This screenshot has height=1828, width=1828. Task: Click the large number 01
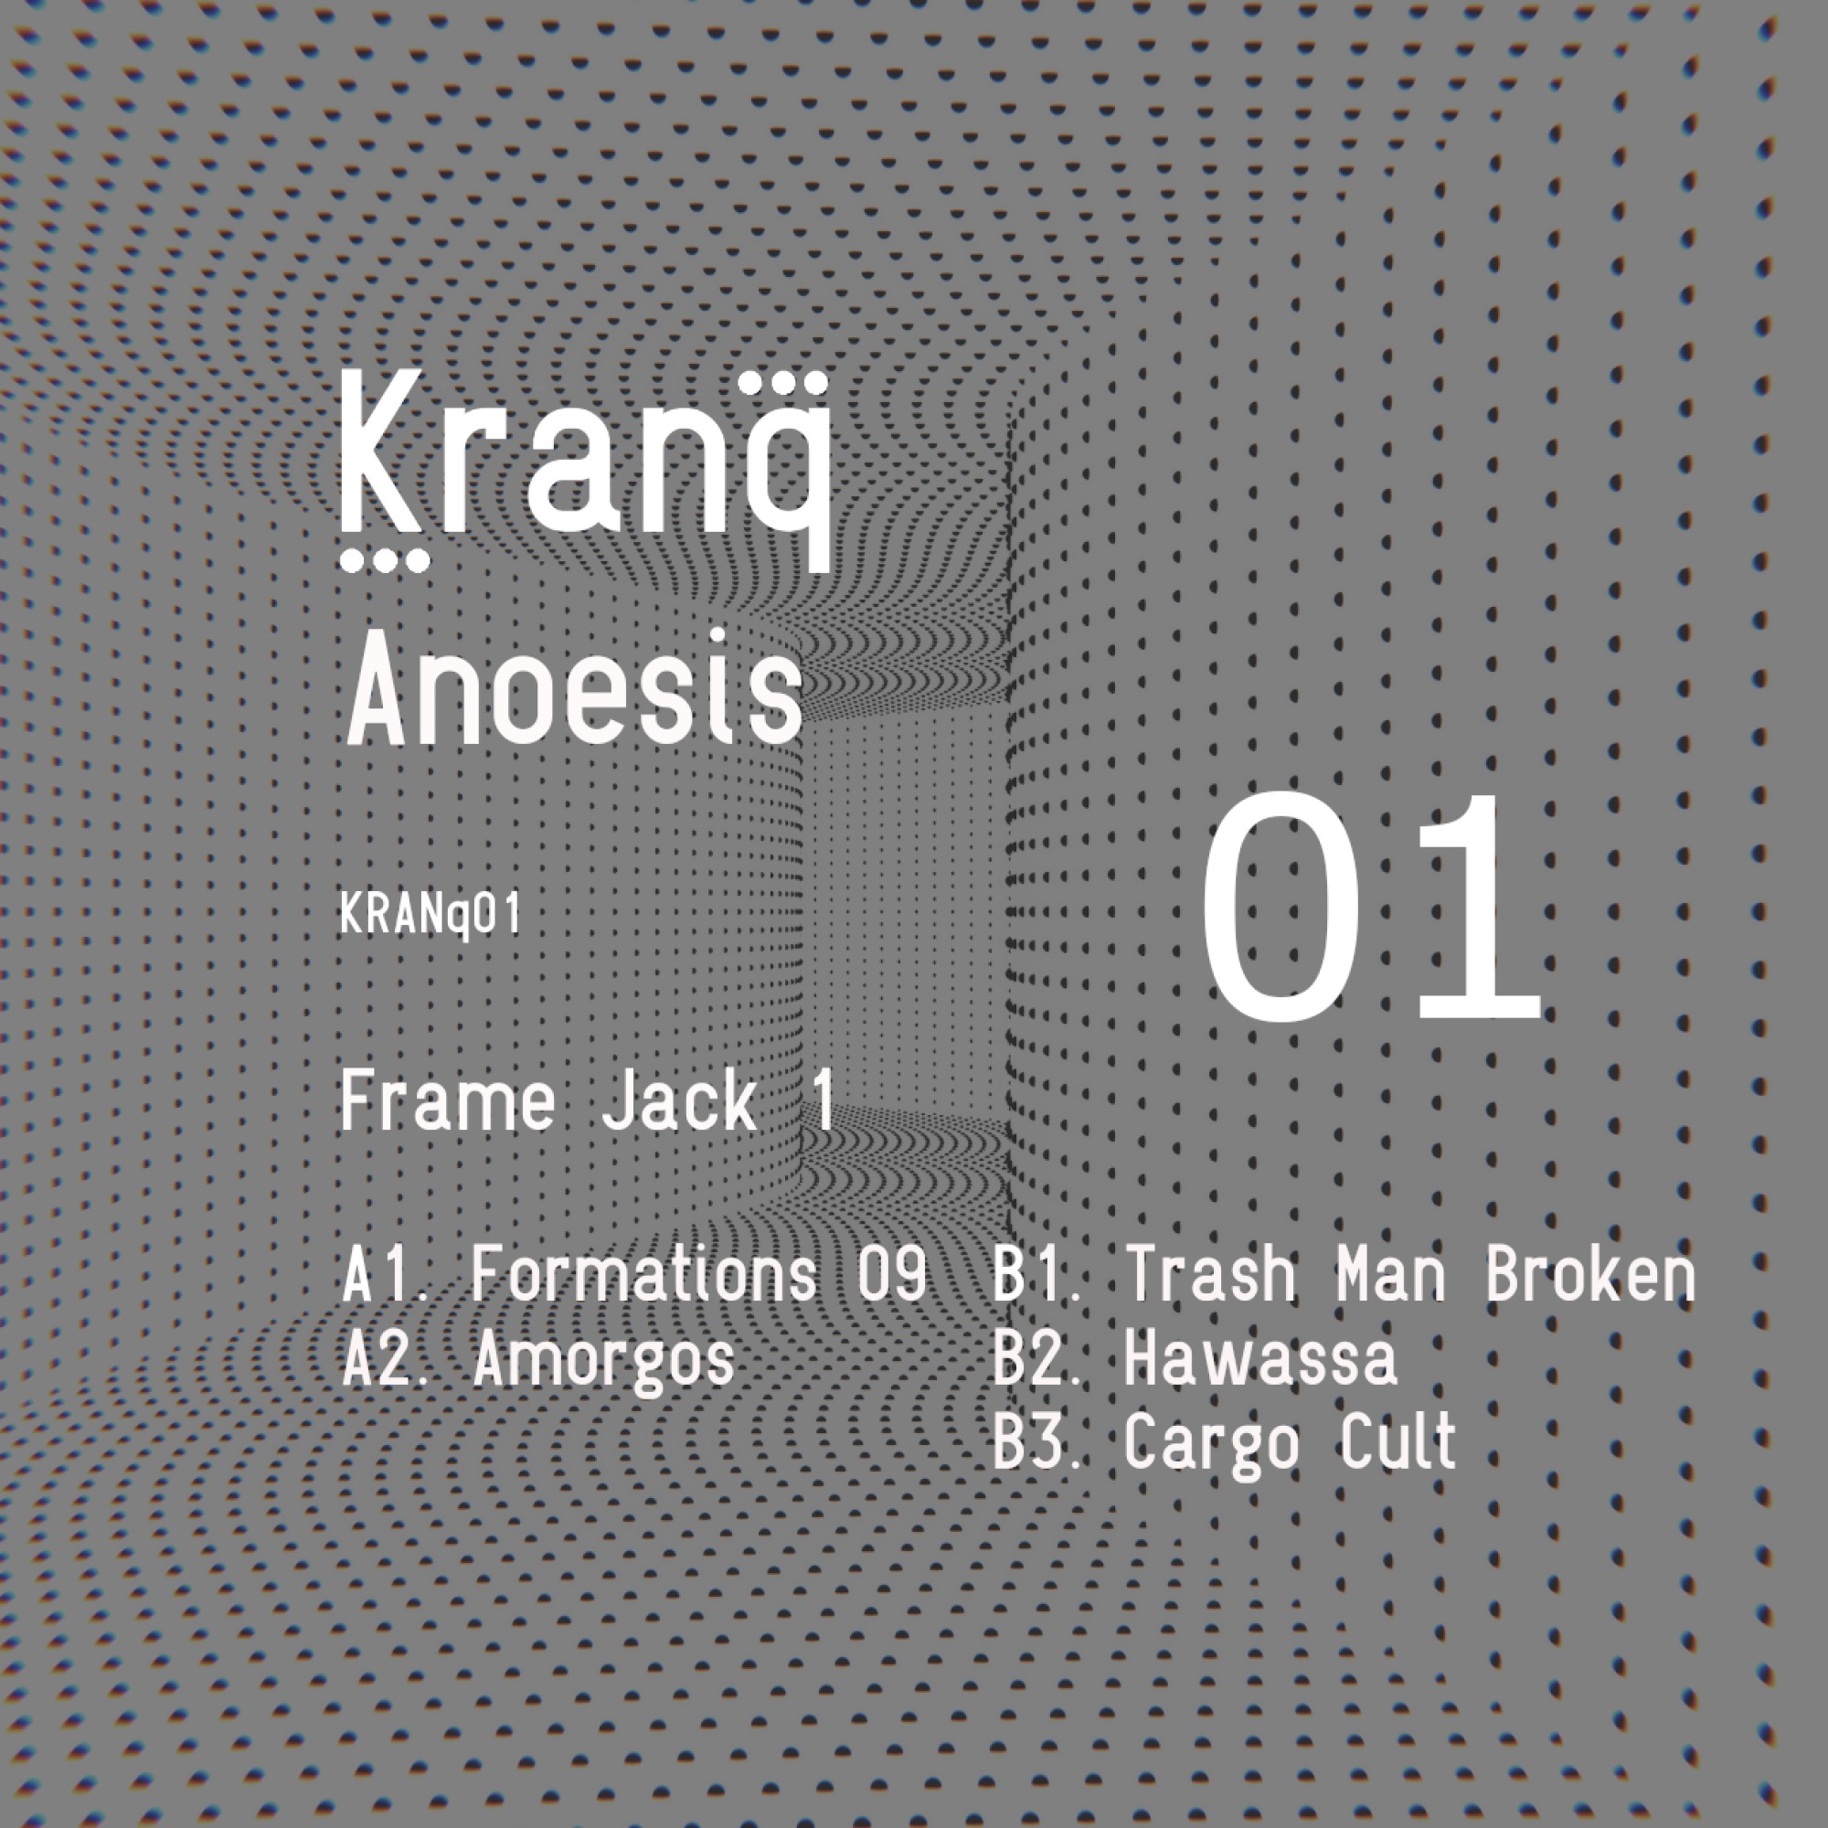click(1371, 909)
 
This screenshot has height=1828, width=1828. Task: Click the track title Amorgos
click(603, 1360)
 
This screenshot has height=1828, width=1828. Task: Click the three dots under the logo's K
click(384, 561)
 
